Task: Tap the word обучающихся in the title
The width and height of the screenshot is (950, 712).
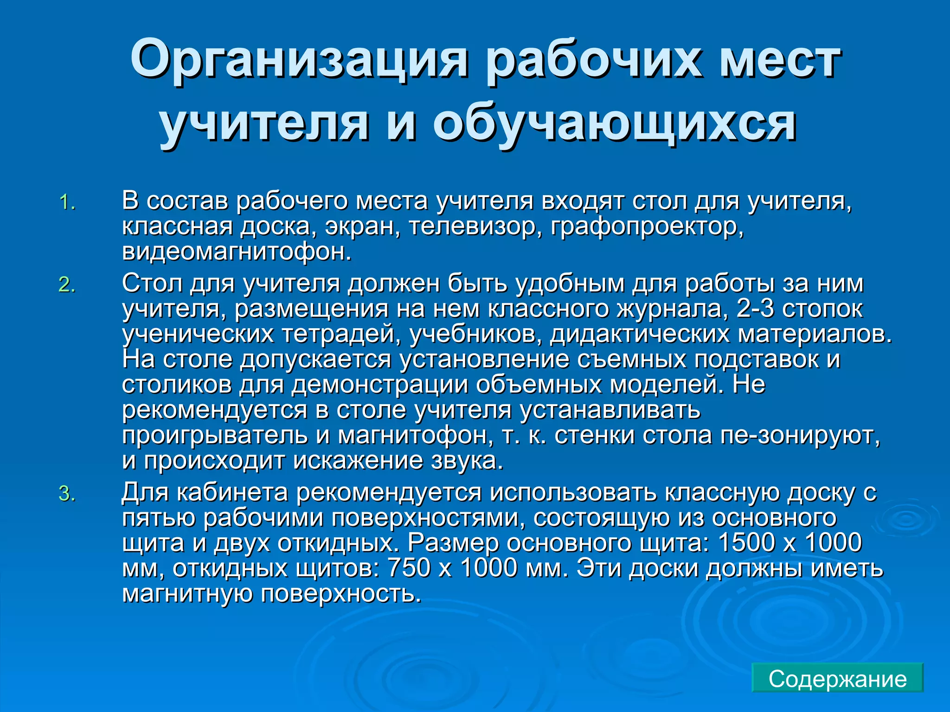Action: [615, 124]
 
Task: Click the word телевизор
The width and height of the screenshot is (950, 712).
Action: [475, 227]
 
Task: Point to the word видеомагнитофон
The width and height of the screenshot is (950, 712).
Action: [237, 252]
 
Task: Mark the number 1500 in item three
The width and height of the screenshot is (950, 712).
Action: [746, 543]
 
